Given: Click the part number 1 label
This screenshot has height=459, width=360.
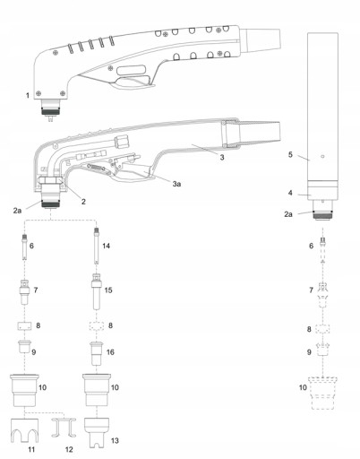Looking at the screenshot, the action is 28,95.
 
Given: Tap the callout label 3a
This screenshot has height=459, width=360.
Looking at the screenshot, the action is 176,184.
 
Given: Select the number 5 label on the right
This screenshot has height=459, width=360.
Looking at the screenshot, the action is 290,154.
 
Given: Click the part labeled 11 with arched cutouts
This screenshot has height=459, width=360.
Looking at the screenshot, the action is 24,430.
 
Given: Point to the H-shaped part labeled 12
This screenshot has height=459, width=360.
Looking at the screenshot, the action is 64,428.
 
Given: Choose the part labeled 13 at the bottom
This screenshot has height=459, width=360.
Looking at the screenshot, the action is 97,432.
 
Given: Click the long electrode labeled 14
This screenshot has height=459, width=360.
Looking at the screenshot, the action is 96,246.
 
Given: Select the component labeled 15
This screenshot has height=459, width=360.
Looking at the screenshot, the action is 97,290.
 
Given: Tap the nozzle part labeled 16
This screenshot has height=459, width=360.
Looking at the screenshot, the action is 96,353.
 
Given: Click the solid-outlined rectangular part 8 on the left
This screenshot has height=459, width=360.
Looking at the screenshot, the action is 24,325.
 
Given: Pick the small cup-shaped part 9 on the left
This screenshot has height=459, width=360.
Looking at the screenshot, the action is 24,346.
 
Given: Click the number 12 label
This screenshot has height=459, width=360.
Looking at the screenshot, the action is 69,449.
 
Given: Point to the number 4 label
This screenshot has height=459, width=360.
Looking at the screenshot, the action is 290,193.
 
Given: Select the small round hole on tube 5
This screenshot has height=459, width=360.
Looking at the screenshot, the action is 322,156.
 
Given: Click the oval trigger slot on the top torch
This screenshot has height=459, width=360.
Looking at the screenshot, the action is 132,70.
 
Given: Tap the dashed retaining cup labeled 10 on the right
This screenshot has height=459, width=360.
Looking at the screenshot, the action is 323,393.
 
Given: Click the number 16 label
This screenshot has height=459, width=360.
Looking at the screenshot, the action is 110,352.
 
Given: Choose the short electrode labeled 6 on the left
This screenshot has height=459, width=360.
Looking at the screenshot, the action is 24,247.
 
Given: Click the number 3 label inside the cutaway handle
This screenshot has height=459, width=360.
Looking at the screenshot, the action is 222,157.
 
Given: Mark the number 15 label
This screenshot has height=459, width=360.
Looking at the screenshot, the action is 108,290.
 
